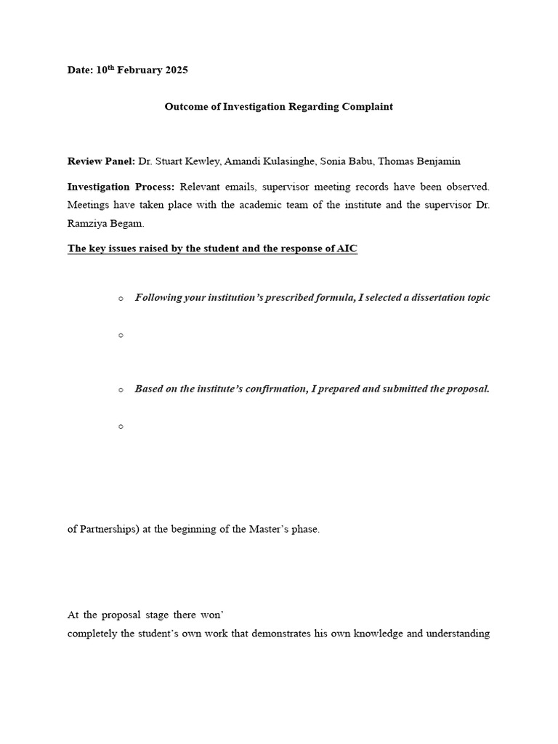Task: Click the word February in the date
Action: (141, 70)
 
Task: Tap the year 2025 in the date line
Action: (177, 70)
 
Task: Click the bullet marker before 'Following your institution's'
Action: (121, 298)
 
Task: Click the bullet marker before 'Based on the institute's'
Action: (121, 389)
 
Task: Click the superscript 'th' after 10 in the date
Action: (112, 68)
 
